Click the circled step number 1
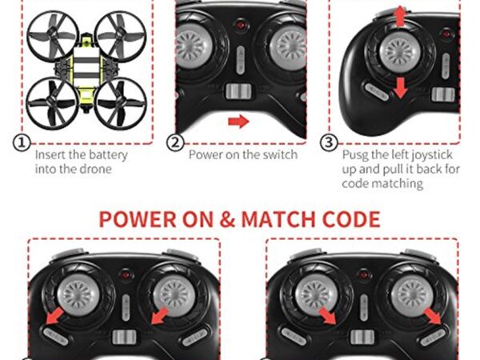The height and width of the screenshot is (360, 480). [22, 142]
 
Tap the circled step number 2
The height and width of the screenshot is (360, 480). [175, 142]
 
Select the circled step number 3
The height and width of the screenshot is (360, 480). [329, 142]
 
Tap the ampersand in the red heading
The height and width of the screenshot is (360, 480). [227, 219]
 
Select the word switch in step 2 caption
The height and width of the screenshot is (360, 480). [280, 154]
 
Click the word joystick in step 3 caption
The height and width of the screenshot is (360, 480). [432, 155]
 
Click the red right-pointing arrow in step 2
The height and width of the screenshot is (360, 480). [238, 122]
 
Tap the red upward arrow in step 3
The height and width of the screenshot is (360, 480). [399, 17]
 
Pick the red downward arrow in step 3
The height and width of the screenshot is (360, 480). [401, 87]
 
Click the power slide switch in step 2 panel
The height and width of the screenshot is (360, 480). [238, 91]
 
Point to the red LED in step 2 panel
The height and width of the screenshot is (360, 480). [240, 25]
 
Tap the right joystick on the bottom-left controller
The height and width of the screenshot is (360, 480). [174, 294]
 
